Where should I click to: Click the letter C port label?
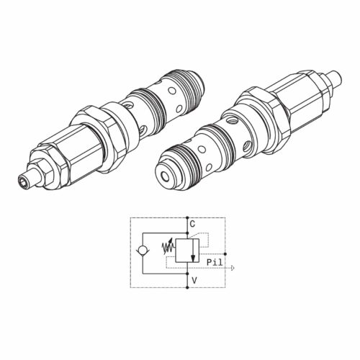(x=192, y=224)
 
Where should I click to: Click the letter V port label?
(x=194, y=280)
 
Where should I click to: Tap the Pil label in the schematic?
(x=215, y=262)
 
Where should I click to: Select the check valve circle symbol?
(x=143, y=251)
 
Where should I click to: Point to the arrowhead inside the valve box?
(x=193, y=258)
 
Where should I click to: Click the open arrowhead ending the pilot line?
(x=232, y=268)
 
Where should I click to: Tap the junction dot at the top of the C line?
(x=187, y=218)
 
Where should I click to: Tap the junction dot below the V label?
(x=187, y=287)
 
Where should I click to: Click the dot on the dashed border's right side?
(x=225, y=253)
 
